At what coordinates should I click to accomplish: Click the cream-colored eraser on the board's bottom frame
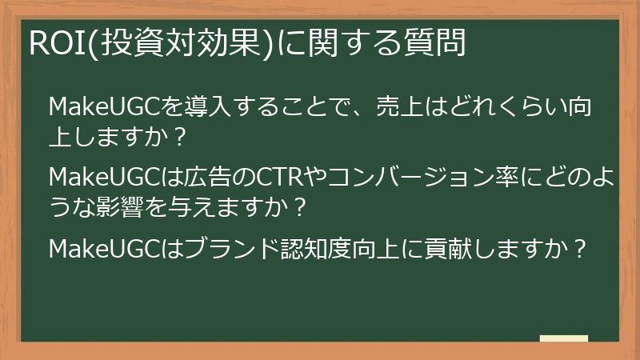pos(563,339)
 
